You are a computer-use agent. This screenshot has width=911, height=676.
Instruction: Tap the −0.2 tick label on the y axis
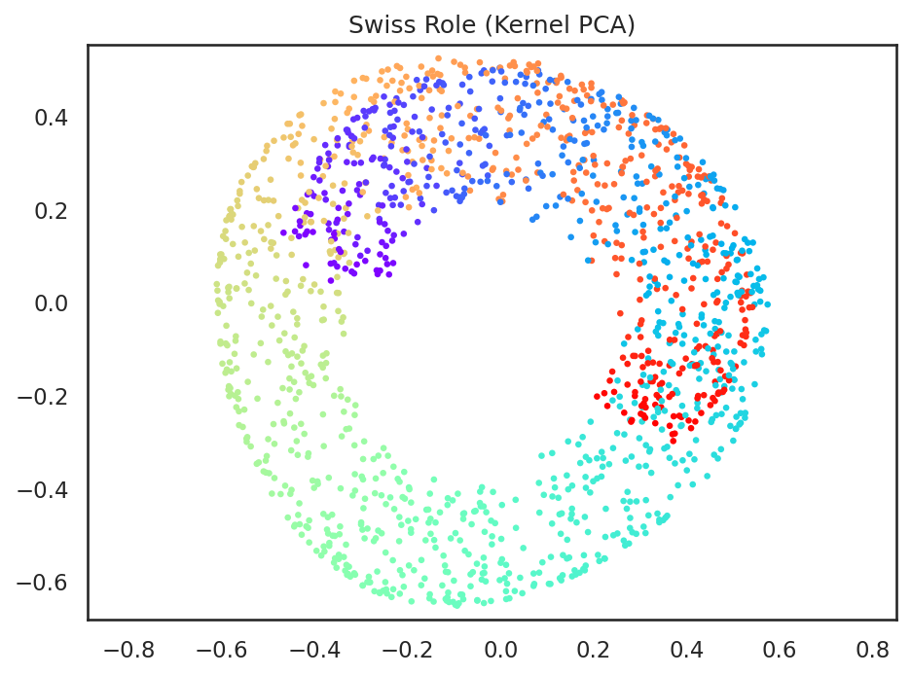pos(46,396)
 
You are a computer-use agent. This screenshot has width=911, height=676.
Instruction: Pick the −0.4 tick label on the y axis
pos(46,489)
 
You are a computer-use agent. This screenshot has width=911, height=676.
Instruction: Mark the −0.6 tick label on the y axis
pos(46,583)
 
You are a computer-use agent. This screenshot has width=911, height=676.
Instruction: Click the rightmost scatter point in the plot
pos(769,304)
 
